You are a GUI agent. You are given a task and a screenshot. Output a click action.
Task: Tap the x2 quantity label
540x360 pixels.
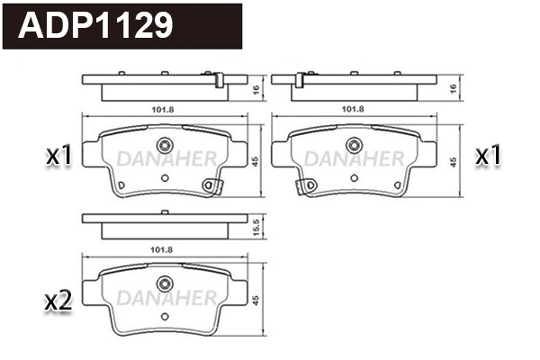(58, 301)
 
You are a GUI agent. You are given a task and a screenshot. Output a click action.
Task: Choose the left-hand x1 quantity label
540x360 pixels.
(58, 157)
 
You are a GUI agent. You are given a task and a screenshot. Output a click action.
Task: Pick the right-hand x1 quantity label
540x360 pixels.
(487, 157)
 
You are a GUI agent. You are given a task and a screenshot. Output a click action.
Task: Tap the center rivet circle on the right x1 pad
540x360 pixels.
(351, 147)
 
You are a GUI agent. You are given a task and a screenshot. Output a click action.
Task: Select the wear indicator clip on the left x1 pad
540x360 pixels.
(212, 185)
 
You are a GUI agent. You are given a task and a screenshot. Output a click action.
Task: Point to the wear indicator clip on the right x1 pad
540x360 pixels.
(301, 185)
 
